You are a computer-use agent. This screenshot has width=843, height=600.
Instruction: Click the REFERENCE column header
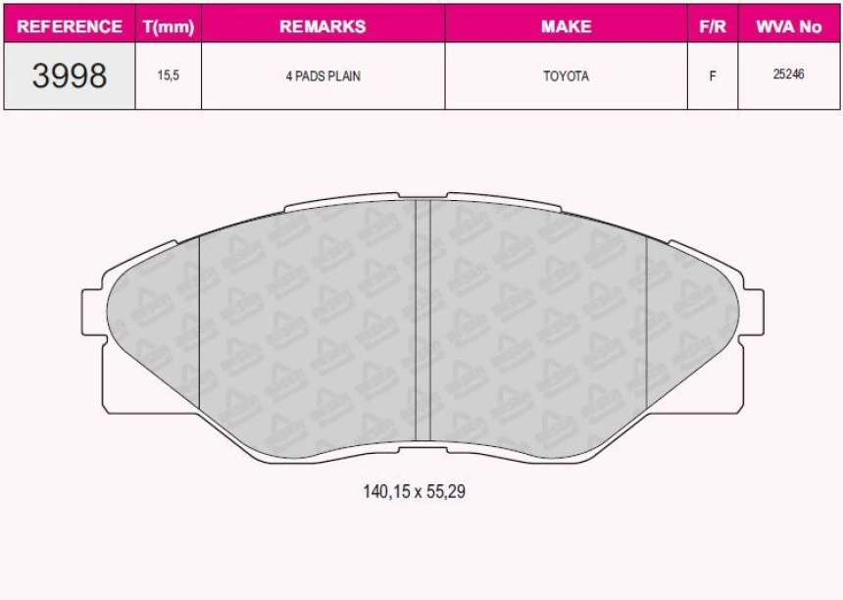[70, 26]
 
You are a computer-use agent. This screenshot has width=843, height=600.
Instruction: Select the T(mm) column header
[169, 26]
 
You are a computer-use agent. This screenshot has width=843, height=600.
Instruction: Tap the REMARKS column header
[322, 26]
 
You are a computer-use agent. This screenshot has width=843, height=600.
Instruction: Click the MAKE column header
[566, 26]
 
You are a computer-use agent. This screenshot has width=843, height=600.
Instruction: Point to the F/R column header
[713, 26]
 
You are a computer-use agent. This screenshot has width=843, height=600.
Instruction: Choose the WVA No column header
[789, 26]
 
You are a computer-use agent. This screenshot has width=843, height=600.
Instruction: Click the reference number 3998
[70, 75]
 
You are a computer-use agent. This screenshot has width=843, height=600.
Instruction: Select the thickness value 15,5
[169, 75]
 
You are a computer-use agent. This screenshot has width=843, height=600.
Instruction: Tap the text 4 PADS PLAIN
[322, 75]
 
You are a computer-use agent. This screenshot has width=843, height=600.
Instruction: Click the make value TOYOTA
[566, 75]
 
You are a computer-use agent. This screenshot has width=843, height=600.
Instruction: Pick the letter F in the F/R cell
[713, 75]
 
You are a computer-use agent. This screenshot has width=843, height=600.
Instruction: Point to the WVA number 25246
[789, 75]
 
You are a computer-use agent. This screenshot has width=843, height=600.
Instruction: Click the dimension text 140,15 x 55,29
[414, 492]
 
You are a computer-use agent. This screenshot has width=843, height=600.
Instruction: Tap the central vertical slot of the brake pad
[423, 324]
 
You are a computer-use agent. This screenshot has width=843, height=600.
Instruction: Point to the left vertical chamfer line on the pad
[200, 324]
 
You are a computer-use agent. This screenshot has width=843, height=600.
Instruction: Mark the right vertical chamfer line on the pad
[647, 324]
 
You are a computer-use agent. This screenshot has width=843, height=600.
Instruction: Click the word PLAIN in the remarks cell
[344, 75]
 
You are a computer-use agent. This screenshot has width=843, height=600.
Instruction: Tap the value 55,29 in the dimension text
[445, 492]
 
